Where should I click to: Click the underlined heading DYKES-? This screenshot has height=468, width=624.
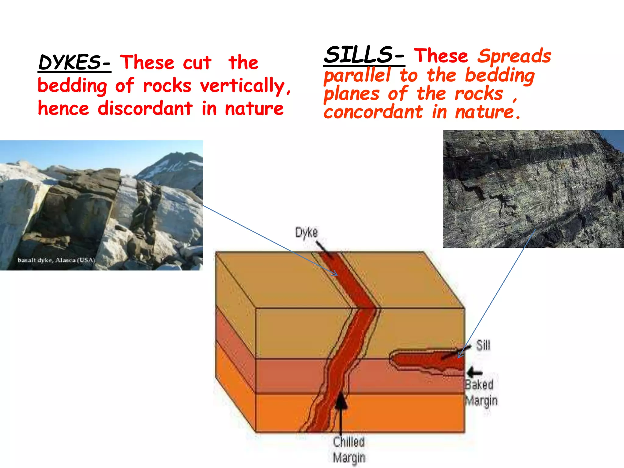(x=74, y=62)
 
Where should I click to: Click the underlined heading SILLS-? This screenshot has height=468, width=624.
(x=364, y=55)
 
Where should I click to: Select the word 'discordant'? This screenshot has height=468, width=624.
(x=145, y=108)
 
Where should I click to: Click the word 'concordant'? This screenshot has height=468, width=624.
(x=373, y=112)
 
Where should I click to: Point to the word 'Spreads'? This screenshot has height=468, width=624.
(x=514, y=56)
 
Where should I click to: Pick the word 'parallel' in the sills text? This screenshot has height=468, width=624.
(x=357, y=75)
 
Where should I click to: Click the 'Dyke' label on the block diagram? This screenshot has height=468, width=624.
(x=306, y=232)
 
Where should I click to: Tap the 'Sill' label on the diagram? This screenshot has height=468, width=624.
(x=483, y=346)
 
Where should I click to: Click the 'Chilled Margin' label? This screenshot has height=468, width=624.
(x=349, y=450)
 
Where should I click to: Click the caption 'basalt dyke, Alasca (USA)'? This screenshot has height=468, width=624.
(x=56, y=260)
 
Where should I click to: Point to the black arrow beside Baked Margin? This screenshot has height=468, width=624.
(x=474, y=372)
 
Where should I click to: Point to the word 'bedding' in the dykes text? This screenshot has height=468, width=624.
(x=72, y=86)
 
